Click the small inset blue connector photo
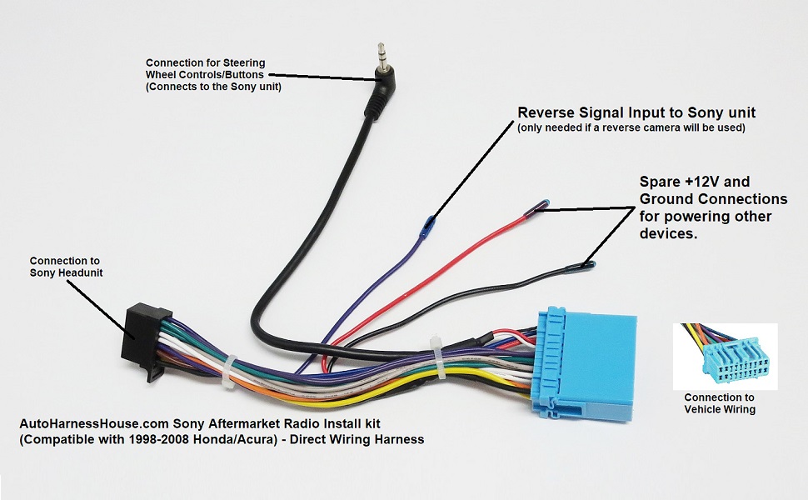click(725, 357)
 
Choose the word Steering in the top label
click(237, 62)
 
